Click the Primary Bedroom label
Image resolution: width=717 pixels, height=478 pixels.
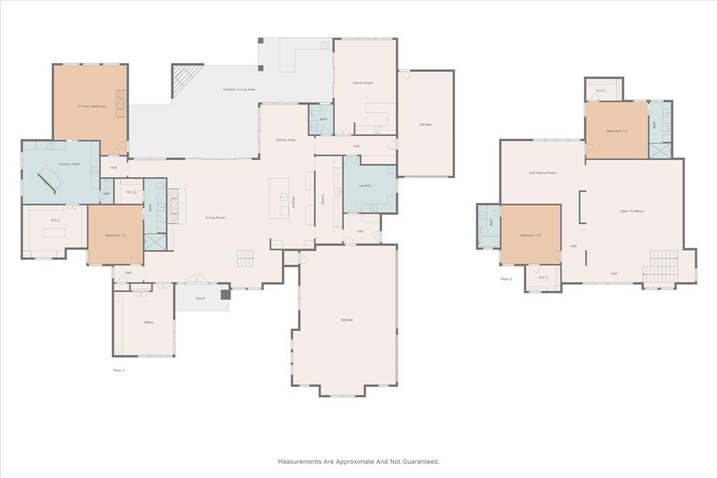(x=92, y=106)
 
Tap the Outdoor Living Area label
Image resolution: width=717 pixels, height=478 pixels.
(x=239, y=90)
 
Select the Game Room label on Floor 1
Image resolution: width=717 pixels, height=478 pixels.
(x=363, y=83)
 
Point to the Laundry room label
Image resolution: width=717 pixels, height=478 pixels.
(x=365, y=185)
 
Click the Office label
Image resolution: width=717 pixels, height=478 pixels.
(x=148, y=323)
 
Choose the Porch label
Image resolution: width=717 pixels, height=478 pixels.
(x=200, y=299)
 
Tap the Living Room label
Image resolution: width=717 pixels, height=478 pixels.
(x=215, y=218)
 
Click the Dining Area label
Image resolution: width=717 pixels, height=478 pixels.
(x=286, y=140)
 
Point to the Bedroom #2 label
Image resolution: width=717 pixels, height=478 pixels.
(x=116, y=235)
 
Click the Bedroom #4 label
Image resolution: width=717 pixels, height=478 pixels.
(x=616, y=131)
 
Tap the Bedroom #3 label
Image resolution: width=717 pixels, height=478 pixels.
(x=530, y=235)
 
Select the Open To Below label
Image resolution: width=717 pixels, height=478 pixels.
(x=632, y=211)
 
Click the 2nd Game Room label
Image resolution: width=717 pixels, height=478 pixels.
(x=542, y=172)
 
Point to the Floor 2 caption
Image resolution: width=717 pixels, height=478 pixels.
(x=506, y=279)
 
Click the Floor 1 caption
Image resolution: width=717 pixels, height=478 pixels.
(x=119, y=370)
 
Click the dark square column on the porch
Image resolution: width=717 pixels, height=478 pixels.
(x=225, y=295)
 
